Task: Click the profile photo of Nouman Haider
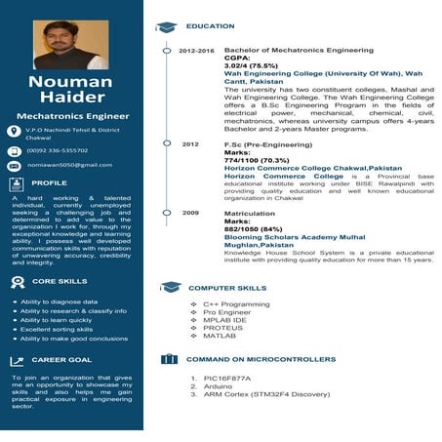[71, 46]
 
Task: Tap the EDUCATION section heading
[210, 25]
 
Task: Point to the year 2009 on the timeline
[190, 212]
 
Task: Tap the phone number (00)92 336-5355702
[58, 150]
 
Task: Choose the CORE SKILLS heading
[59, 281]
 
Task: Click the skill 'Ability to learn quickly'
[56, 320]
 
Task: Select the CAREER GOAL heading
[61, 360]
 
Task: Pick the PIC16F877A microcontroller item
[224, 377]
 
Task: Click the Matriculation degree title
[250, 213]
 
